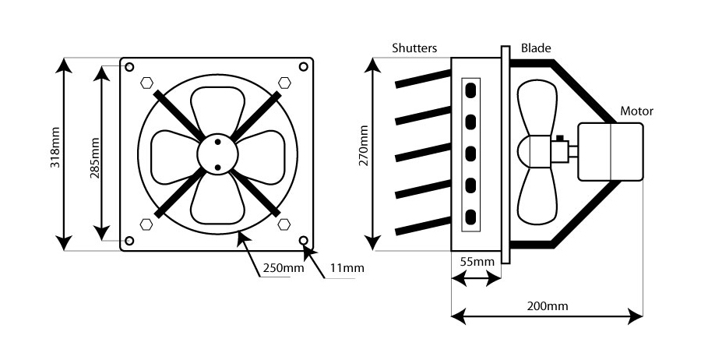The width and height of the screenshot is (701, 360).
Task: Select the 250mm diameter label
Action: (283, 268)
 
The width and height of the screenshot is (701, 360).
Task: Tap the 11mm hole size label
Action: (347, 268)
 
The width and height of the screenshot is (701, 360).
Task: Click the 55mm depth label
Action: (474, 263)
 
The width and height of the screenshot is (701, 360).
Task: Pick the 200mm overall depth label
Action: (547, 305)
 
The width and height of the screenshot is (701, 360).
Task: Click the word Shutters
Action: (415, 48)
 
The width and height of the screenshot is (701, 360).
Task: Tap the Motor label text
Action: (636, 111)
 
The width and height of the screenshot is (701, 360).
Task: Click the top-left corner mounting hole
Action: (129, 66)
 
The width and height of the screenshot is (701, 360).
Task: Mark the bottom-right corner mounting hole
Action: (304, 241)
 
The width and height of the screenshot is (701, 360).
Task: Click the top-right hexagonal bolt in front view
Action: (284, 81)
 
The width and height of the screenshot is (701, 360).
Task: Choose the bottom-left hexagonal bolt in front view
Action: (146, 225)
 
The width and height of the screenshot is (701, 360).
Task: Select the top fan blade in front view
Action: (217, 109)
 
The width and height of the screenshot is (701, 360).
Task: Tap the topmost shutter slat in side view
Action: (423, 79)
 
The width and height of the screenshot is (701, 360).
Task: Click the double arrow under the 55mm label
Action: (474, 278)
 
